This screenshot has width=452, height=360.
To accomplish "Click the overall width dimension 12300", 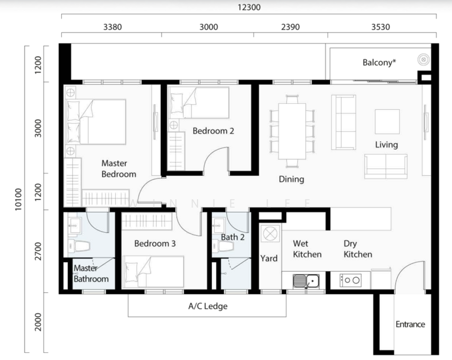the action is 249,7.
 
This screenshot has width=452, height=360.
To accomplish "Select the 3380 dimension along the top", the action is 112,27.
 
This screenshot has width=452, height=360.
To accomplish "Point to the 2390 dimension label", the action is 291,27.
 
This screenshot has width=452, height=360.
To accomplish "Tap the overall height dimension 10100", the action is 18,199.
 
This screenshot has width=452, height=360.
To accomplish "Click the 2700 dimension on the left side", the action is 38,251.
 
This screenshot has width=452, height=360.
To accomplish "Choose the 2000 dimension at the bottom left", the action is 38,322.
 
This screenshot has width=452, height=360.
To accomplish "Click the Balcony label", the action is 379,62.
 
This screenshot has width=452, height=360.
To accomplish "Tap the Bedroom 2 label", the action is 213,131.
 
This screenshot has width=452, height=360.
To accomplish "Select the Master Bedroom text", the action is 118,169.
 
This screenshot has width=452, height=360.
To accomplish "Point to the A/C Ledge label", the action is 208,306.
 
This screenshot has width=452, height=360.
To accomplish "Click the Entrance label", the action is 410,324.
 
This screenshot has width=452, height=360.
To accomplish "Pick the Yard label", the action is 269,258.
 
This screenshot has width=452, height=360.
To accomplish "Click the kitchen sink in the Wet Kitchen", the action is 306,281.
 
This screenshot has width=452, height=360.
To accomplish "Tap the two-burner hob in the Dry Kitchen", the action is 351,280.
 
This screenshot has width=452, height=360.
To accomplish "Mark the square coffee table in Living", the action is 387,122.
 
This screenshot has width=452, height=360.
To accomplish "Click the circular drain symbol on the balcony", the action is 423,59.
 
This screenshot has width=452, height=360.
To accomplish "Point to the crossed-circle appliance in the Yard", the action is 270,233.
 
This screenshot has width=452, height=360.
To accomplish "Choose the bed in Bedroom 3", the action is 153,272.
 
